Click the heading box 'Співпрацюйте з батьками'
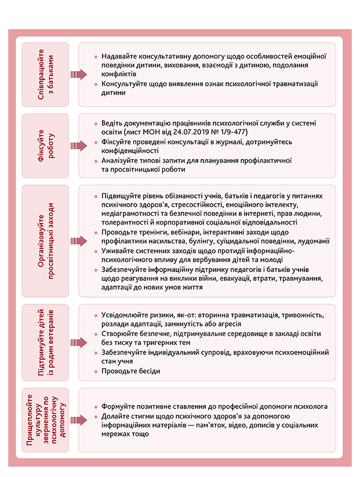(45, 74)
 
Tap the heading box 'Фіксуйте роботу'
(45, 145)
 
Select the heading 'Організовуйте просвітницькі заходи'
(45, 240)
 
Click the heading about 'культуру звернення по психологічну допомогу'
(45, 420)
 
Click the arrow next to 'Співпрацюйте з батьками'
(78, 74)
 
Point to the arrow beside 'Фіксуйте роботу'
(78, 145)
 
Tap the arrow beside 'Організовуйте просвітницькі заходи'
(78, 240)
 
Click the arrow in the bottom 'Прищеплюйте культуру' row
(78, 420)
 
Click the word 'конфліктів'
(119, 74)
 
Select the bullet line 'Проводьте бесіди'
(131, 371)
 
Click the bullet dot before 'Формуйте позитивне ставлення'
(95, 407)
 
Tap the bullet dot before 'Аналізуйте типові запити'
(95, 160)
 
